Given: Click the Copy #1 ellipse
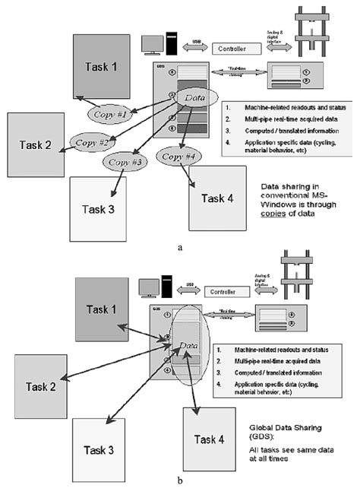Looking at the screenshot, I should (x=111, y=114).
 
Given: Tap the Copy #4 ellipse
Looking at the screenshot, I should (x=178, y=156).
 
